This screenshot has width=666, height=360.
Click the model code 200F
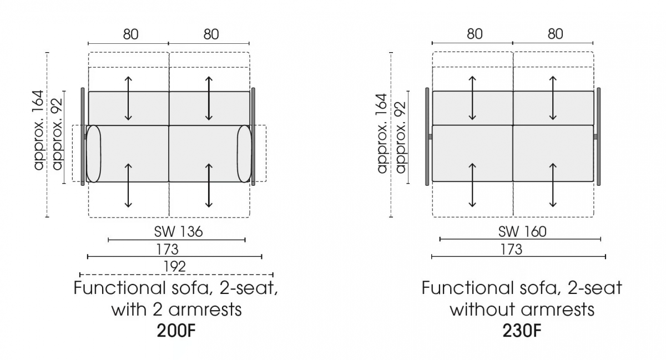(176, 331)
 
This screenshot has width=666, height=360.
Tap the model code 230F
(522, 331)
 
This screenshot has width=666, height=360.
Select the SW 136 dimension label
(178, 231)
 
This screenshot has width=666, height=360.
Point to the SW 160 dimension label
(522, 231)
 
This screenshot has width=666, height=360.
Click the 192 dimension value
(174, 266)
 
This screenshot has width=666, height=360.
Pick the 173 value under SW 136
(167, 249)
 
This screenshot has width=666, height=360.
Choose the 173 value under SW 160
(511, 249)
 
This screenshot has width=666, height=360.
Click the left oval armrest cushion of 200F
(94, 154)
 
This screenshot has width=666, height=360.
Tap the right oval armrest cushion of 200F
(244, 154)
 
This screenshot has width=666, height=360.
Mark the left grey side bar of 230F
(427, 137)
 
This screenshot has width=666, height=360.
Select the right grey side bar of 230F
(598, 137)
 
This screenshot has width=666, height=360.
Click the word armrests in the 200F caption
(205, 310)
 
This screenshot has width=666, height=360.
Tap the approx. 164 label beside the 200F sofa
(39, 130)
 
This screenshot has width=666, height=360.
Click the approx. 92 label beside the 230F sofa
(400, 138)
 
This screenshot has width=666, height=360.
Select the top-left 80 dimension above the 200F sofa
(131, 34)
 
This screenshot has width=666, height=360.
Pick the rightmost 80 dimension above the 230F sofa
(555, 34)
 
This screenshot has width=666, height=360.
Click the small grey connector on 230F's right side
(595, 137)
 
